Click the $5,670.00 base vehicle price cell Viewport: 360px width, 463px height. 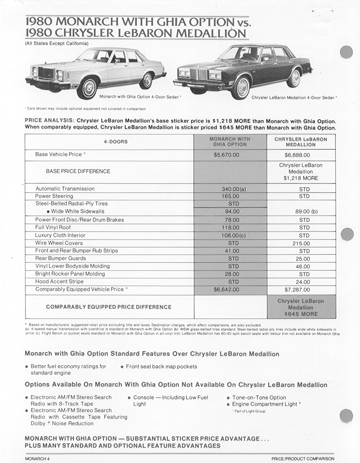click(x=226, y=155)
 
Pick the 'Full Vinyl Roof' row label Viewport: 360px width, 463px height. click(x=53, y=228)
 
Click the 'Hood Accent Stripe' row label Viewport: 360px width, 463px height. click(x=59, y=282)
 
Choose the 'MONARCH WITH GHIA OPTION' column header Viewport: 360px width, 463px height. click(x=230, y=142)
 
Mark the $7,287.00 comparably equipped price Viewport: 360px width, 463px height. click(x=300, y=290)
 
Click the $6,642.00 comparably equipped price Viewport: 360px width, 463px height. click(x=226, y=290)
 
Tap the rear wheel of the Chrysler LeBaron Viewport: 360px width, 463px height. click(x=294, y=78)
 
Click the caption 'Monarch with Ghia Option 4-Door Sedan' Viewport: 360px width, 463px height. click(x=140, y=97)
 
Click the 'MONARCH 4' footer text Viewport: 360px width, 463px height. click(x=38, y=459)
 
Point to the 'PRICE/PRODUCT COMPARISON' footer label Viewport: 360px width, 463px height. click(x=303, y=459)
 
